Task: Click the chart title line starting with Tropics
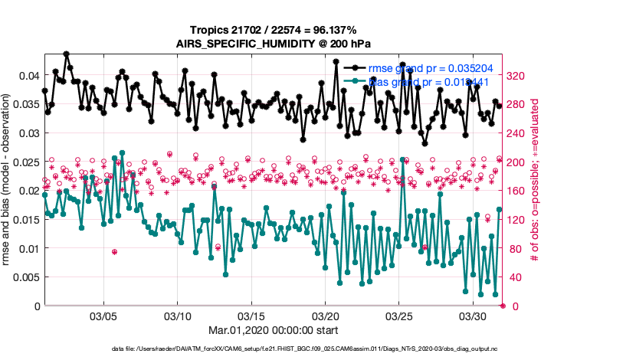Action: click(274, 29)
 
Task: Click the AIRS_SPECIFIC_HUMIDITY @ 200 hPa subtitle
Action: click(274, 44)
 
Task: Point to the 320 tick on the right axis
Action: click(517, 76)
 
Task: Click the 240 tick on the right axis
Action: click(517, 133)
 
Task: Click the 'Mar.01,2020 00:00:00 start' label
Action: click(274, 332)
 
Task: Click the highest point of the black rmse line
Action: click(67, 54)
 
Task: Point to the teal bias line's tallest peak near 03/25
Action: click(402, 159)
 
